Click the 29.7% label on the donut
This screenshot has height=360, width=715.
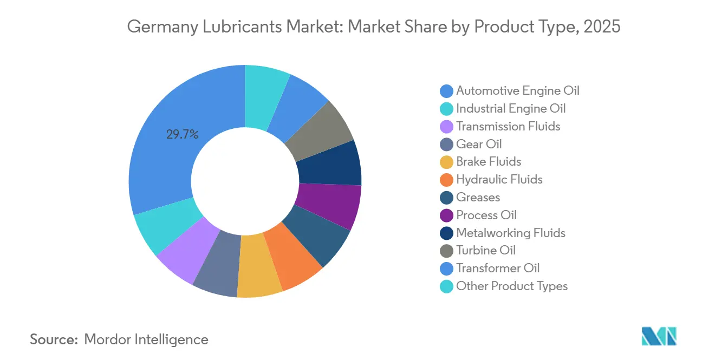click(x=182, y=135)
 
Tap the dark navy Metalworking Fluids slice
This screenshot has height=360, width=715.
click(x=330, y=163)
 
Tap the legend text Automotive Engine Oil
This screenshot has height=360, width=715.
click(x=518, y=90)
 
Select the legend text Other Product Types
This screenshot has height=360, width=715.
click(x=512, y=286)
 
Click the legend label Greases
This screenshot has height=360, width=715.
click(x=478, y=197)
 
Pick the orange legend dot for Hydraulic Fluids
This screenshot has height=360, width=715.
click(x=447, y=180)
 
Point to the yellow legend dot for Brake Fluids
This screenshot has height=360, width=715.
click(x=447, y=162)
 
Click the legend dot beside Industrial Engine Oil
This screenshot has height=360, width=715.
click(x=447, y=109)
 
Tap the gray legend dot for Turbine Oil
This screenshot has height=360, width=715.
click(x=447, y=251)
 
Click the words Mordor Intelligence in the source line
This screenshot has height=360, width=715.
click(x=146, y=339)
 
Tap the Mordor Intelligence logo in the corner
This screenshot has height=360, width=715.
click(x=659, y=336)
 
